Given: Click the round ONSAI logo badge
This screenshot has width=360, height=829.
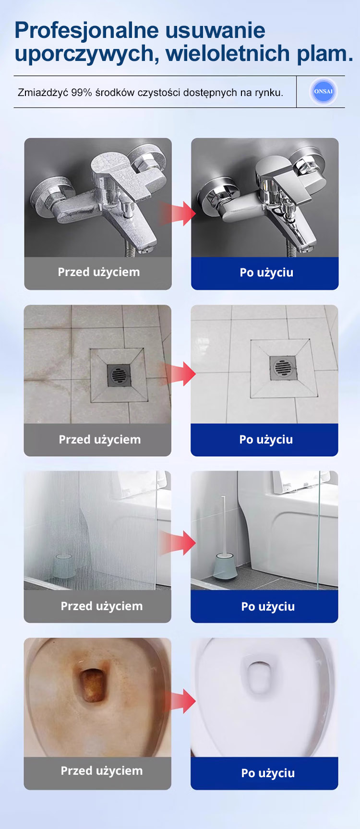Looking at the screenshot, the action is coord(324,92).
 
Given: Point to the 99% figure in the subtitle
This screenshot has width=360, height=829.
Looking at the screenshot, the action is coord(82,93).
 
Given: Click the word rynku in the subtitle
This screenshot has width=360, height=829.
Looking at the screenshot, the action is coord(269,93).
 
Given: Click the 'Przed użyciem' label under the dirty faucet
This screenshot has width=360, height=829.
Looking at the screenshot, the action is coord(99,272).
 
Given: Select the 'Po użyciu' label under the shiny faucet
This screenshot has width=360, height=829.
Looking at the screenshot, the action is coord(266,273).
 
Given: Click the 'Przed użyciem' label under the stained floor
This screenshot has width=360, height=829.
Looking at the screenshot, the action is coord(100,440).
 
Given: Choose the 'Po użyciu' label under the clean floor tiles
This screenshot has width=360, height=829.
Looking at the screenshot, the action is coord(266,440).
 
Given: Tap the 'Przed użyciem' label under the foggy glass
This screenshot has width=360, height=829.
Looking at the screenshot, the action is coord(102,606).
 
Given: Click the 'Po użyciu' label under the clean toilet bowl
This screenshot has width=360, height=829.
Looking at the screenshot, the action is coord(268,773).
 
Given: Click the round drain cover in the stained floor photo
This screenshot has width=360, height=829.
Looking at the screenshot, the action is coord(119,374).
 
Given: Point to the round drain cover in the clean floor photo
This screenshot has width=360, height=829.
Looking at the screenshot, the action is coord(283,369).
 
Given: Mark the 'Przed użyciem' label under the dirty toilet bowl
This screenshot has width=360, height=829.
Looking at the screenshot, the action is coord(102,771).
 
